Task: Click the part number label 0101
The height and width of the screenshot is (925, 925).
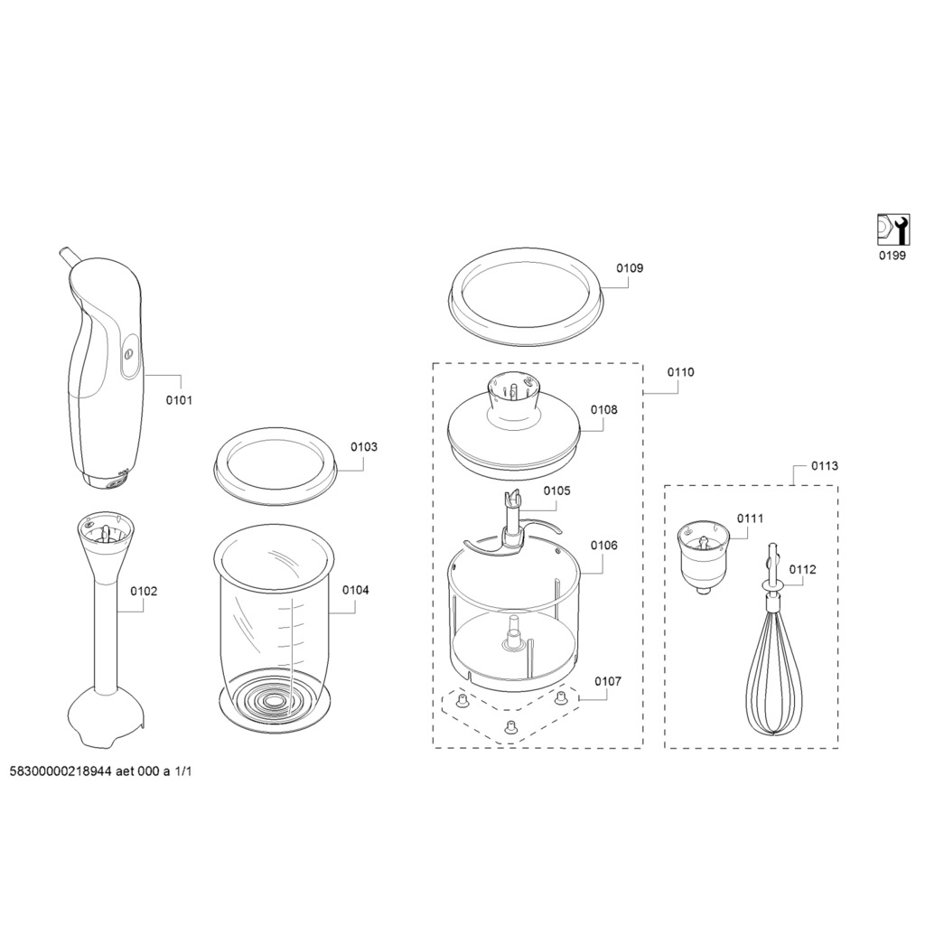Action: click(x=179, y=400)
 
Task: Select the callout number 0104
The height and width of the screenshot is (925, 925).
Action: click(x=356, y=590)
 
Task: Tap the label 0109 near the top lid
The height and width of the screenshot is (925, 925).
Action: click(x=630, y=267)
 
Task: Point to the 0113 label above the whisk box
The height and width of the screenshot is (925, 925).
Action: click(x=825, y=466)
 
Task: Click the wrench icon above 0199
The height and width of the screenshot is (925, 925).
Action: click(x=892, y=229)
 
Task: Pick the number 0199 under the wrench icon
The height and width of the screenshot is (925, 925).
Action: click(x=892, y=256)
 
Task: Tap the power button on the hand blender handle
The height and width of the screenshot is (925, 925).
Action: click(x=129, y=354)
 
